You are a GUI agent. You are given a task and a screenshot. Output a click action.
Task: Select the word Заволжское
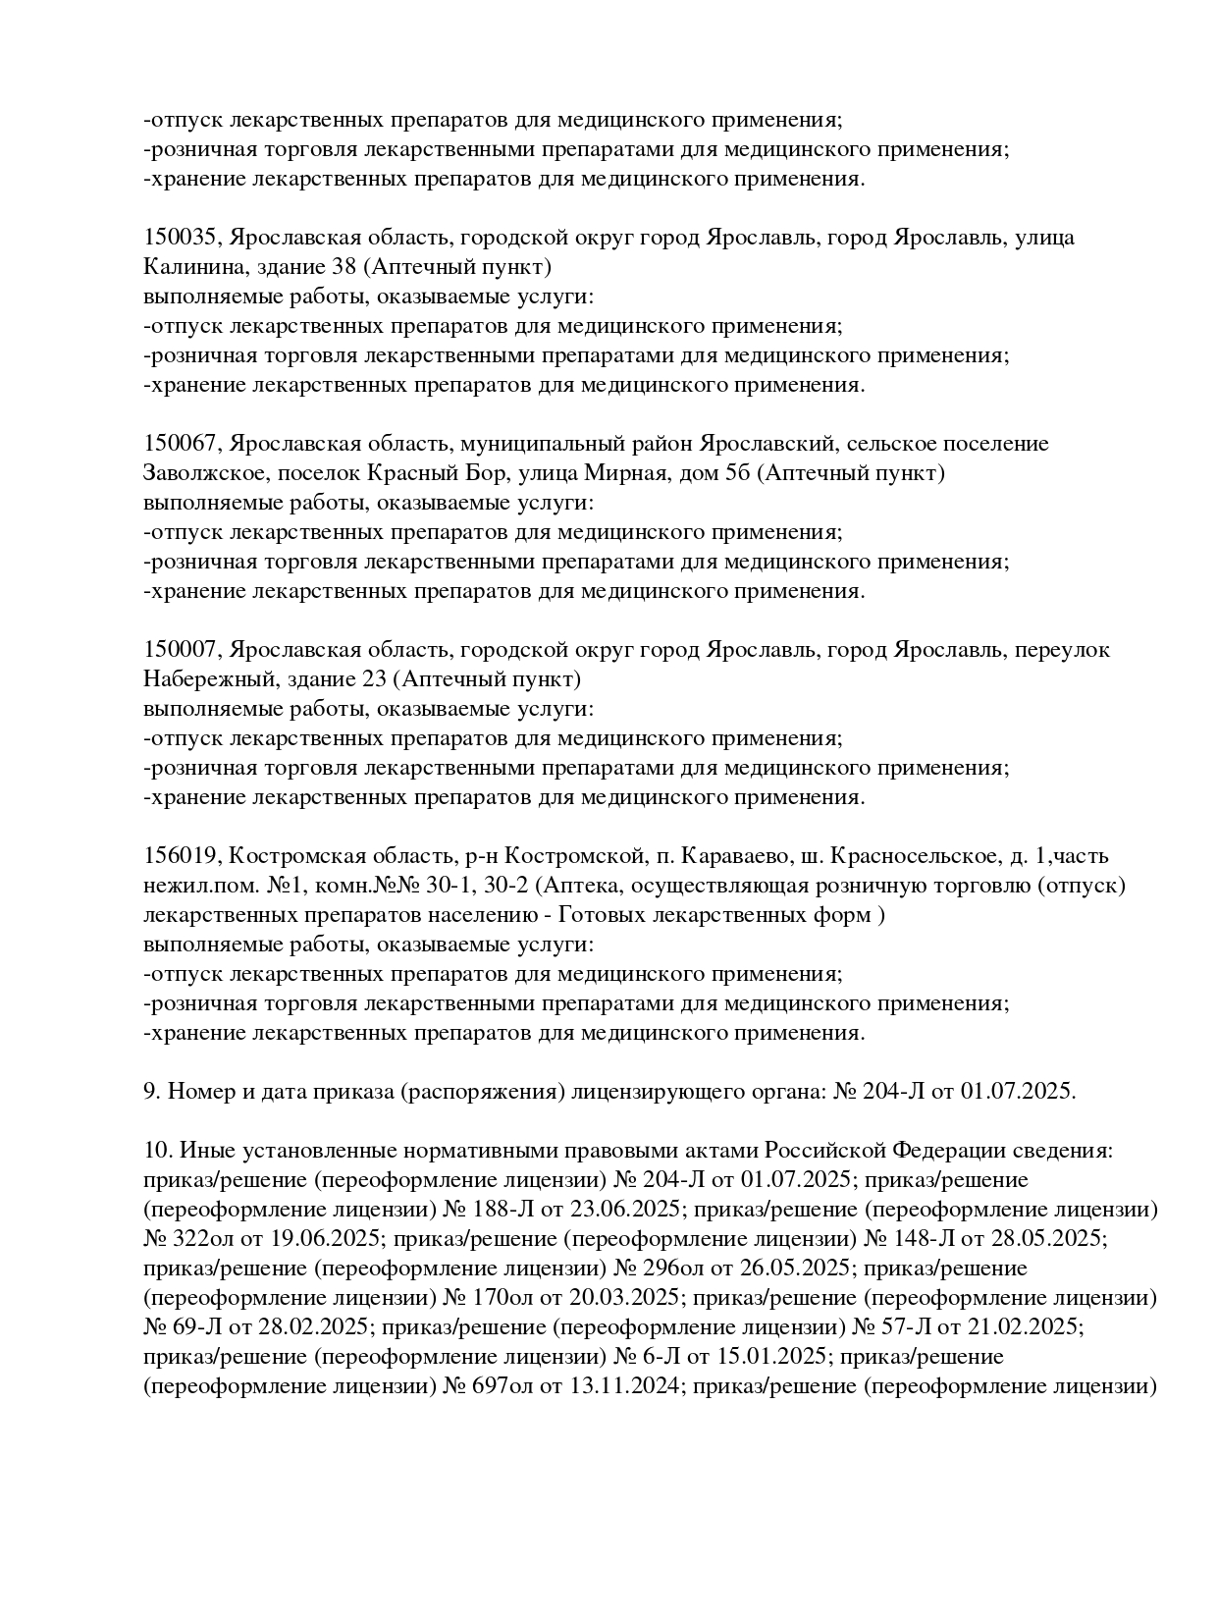tap(203, 473)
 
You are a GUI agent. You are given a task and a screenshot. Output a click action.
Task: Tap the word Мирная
tap(622, 473)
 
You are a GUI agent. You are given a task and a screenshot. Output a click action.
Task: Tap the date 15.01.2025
tap(776, 1357)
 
